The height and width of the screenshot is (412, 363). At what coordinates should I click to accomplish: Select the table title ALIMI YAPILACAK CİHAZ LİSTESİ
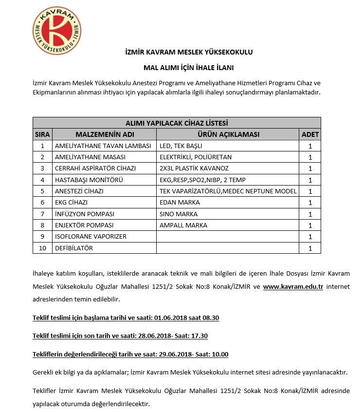[177, 123]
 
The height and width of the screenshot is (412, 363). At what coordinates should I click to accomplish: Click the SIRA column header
[42, 134]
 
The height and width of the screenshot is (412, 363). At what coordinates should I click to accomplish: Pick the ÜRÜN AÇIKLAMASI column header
[228, 134]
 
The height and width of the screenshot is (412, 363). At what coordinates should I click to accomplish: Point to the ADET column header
[310, 134]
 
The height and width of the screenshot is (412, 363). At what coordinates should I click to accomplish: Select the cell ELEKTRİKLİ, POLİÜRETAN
[196, 157]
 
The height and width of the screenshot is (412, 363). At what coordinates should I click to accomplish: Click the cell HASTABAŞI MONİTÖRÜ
[89, 180]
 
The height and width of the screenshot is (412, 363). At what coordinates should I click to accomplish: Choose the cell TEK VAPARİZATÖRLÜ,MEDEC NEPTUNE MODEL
[228, 191]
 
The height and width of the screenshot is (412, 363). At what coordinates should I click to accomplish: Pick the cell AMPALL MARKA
[183, 225]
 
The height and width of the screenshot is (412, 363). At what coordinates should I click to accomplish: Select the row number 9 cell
[42, 237]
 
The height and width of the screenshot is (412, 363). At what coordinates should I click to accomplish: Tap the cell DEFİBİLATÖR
[74, 248]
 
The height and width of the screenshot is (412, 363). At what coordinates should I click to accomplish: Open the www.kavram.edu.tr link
[293, 286]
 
